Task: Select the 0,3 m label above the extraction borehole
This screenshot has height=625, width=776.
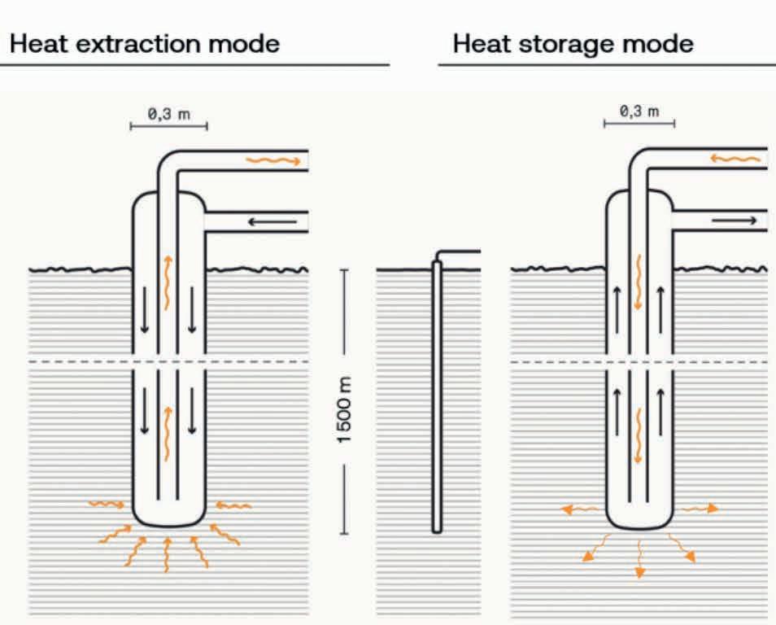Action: point(168,114)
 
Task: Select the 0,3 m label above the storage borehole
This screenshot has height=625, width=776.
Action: point(639,111)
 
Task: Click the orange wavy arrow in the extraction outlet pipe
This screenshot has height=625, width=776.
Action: point(273,160)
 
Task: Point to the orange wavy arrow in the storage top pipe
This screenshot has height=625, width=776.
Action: point(736,158)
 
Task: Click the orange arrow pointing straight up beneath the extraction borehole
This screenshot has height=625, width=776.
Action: point(167,553)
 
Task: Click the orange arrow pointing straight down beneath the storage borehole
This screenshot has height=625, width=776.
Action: point(639,559)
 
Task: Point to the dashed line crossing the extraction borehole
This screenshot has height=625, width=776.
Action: point(244,361)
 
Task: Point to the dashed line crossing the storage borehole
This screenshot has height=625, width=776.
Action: point(716,361)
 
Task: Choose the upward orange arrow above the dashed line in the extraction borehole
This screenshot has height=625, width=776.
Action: point(168,281)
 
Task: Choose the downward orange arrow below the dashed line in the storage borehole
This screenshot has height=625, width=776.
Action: point(639,435)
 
